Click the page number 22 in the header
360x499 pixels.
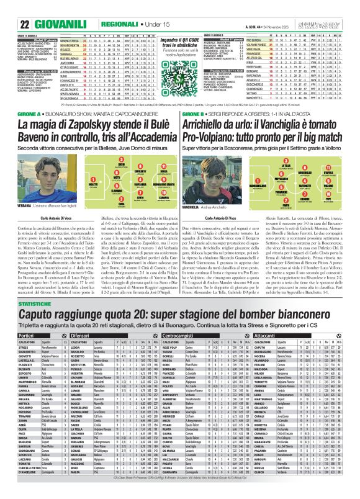coord(25,25)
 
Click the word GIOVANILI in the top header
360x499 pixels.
coord(57,25)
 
